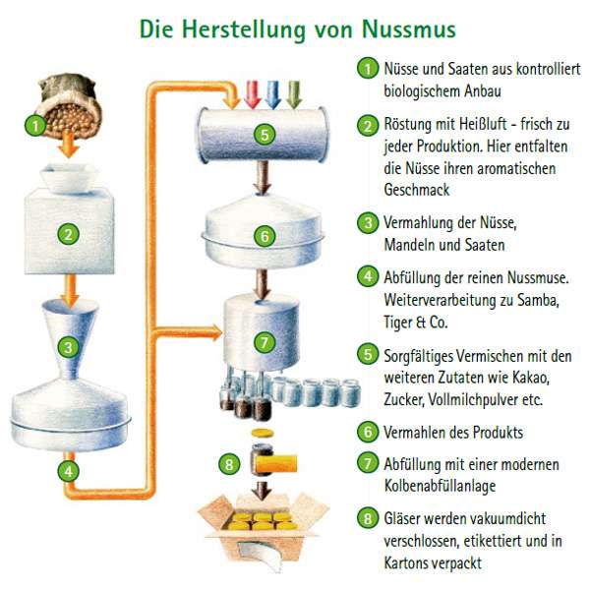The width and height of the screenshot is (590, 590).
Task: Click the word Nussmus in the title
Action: tap(409, 29)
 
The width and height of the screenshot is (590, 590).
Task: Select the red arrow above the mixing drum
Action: tap(253, 94)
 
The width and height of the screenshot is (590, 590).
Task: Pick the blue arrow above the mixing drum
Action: tap(272, 94)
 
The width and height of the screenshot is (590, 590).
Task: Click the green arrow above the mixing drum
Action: tap(294, 94)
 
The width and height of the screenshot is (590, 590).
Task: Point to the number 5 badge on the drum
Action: tap(265, 135)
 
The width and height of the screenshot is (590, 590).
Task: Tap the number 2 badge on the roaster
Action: tap(68, 234)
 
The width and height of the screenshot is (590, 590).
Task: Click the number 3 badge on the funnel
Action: tap(68, 347)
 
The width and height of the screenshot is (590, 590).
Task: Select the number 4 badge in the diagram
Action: tap(68, 471)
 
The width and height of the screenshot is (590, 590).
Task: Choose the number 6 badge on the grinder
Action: tap(265, 236)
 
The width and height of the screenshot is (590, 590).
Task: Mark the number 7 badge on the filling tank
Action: tap(265, 342)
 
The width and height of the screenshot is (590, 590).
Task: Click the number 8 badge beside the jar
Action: tap(229, 464)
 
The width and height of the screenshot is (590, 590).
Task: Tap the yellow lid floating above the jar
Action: tap(263, 433)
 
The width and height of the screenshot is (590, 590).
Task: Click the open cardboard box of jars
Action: tap(263, 532)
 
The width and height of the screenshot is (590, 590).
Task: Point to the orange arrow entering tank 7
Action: tap(188, 332)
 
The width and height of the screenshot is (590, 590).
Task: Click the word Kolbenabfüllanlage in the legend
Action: tap(440, 486)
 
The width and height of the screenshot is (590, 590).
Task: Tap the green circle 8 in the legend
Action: tap(368, 518)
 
